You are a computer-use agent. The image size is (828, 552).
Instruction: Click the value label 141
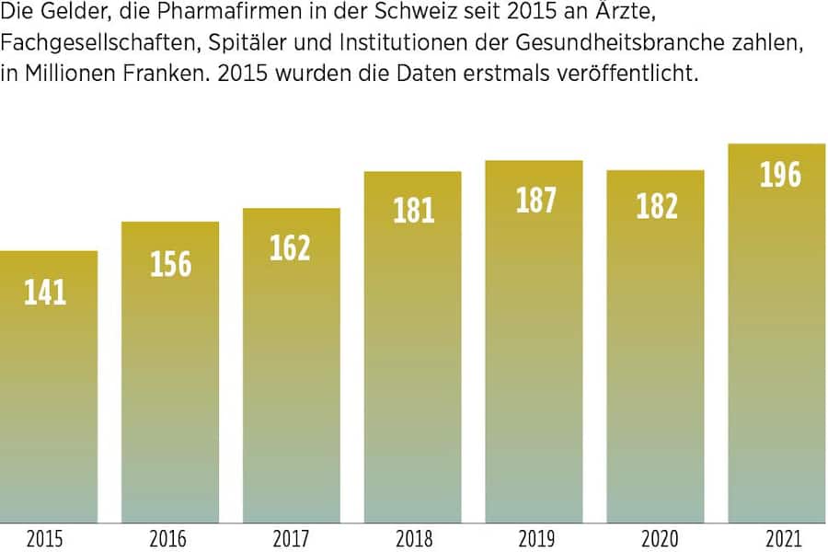45,293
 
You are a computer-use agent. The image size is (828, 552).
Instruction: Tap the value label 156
171,264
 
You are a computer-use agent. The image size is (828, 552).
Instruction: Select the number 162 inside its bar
291,248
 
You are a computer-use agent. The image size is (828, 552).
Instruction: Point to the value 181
413,211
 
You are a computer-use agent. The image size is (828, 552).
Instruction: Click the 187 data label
535,201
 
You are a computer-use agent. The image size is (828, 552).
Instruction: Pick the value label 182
656,206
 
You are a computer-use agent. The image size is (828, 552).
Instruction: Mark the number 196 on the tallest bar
779,175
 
